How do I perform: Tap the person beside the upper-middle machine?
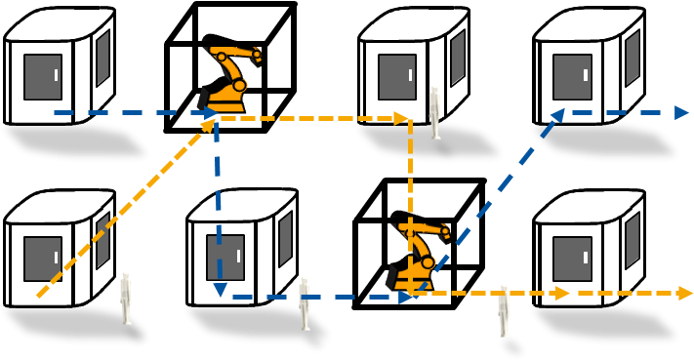tap(434, 113)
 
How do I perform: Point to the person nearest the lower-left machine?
tap(125, 298)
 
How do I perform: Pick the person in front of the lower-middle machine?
tap(305, 302)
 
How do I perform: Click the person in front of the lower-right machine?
tap(504, 310)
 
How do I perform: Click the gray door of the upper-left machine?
tap(43, 77)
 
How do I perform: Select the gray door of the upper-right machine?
tap(572, 77)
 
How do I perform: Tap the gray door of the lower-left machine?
tap(43, 259)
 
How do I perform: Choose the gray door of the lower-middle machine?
tap(225, 258)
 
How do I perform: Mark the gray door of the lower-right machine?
tap(572, 259)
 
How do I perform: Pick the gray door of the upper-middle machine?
tap(397, 77)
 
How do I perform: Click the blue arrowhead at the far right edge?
tap(681, 112)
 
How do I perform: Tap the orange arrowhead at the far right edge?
tap(685, 293)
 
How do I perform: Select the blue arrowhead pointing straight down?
tap(220, 289)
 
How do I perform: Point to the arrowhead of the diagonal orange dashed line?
tap(209, 125)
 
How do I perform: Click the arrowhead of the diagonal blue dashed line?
tap(557, 116)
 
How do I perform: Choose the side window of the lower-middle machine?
tap(285, 239)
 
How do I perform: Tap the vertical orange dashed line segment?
tap(410, 195)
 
